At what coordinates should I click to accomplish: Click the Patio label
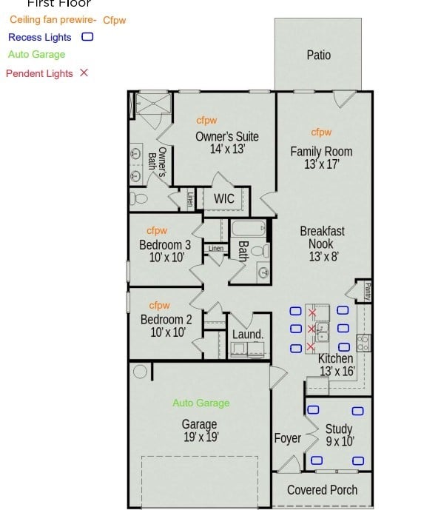318,55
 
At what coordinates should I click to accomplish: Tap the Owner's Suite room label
226,137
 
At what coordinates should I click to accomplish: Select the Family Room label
321,152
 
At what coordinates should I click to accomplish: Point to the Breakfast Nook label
322,237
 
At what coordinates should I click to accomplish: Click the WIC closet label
224,199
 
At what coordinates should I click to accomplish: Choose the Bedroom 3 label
165,245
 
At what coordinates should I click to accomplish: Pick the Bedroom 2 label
166,320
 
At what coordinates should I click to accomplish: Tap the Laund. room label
247,335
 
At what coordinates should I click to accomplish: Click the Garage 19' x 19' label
200,425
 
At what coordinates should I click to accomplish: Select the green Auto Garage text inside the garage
201,403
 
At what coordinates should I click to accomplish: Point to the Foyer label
288,438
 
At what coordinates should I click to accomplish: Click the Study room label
339,429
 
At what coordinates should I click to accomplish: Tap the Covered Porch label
322,490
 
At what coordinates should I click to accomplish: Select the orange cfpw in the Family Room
321,132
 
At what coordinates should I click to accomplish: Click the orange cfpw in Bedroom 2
159,305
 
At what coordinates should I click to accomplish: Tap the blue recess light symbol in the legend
87,36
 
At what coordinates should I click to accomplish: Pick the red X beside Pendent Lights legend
84,73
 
